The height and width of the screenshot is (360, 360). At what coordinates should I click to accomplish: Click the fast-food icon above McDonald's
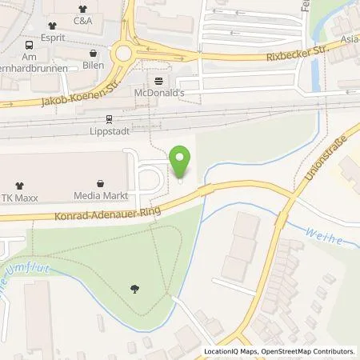(x=158, y=81)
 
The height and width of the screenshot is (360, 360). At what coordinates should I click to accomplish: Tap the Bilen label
(x=94, y=64)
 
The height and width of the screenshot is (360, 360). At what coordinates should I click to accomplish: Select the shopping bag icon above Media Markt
(x=99, y=182)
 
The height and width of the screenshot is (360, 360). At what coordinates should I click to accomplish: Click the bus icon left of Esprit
(x=29, y=46)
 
